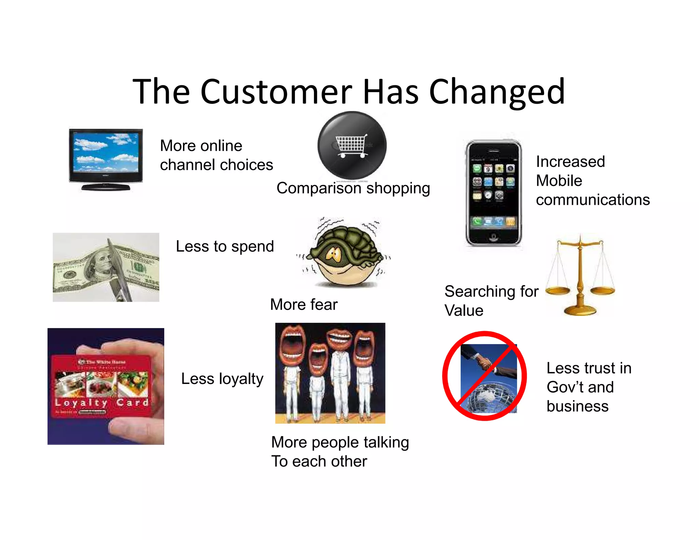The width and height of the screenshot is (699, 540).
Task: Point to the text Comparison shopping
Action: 353,188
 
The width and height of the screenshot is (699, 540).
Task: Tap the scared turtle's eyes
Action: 333,254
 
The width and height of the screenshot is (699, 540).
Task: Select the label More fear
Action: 303,304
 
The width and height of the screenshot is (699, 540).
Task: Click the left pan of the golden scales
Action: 558,290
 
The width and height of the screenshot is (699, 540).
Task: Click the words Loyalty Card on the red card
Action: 102,403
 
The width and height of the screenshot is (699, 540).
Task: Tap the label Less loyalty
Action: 222,379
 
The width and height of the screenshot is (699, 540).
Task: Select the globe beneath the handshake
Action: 488,398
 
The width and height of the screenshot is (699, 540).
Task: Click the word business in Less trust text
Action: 577,406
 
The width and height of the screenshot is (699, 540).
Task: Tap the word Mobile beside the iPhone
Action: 559,181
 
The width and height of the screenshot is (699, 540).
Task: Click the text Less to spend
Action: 225,246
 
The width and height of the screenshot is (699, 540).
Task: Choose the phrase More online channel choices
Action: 216,155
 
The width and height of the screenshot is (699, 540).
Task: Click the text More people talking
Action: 340,442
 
